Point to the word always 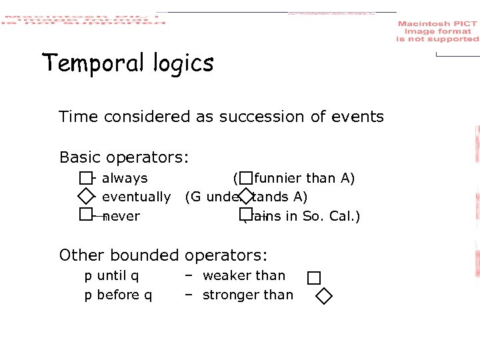click(x=125, y=178)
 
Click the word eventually click(x=136, y=197)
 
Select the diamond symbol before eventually click(x=85, y=196)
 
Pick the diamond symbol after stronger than click(x=323, y=296)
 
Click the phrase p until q click(x=111, y=275)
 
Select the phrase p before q click(x=118, y=295)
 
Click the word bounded click(x=151, y=255)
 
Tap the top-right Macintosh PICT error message click(x=437, y=31)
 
